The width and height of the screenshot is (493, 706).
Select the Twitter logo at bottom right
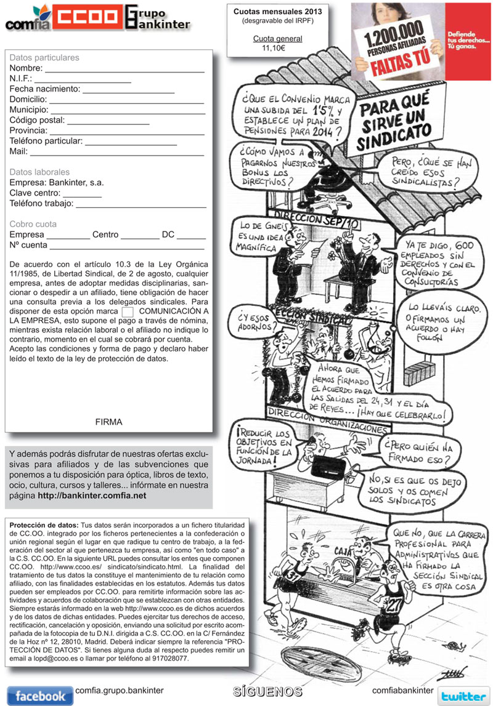[463, 696]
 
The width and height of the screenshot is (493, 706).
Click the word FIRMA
[109, 422]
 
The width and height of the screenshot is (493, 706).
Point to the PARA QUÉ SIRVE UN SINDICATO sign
[395, 123]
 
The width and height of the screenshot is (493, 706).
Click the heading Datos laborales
[39, 172]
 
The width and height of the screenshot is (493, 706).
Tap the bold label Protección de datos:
[44, 524]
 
